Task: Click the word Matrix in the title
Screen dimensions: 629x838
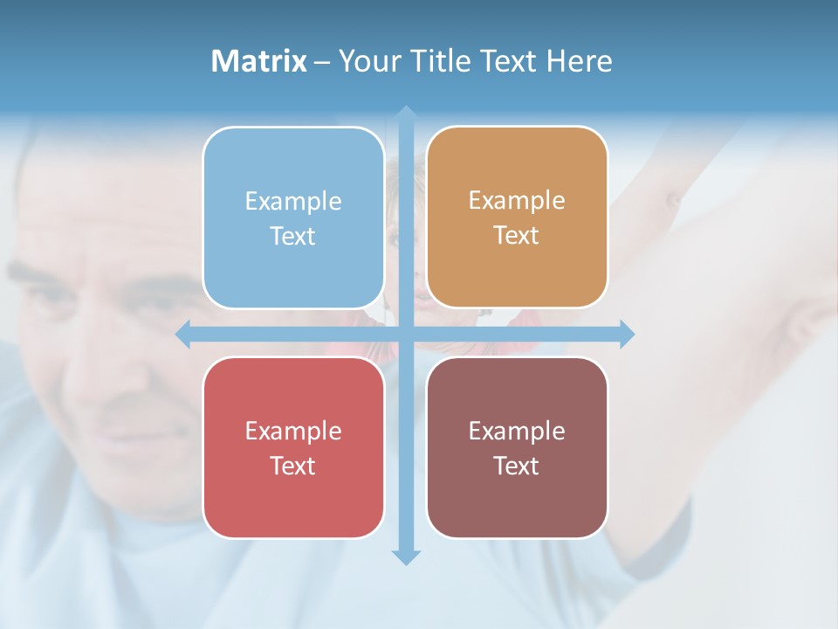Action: [259, 61]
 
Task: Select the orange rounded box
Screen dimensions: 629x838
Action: [517, 271]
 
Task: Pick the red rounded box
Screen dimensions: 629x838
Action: [293, 498]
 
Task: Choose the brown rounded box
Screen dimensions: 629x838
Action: [517, 498]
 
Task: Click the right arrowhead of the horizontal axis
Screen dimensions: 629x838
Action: [626, 335]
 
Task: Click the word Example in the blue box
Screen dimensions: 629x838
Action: [293, 202]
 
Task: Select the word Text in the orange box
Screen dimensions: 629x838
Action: [517, 236]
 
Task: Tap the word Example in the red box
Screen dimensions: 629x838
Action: [293, 431]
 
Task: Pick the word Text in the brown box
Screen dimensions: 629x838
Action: [517, 466]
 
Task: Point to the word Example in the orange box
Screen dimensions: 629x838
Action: [517, 201]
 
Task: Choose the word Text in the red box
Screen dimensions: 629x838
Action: [293, 466]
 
